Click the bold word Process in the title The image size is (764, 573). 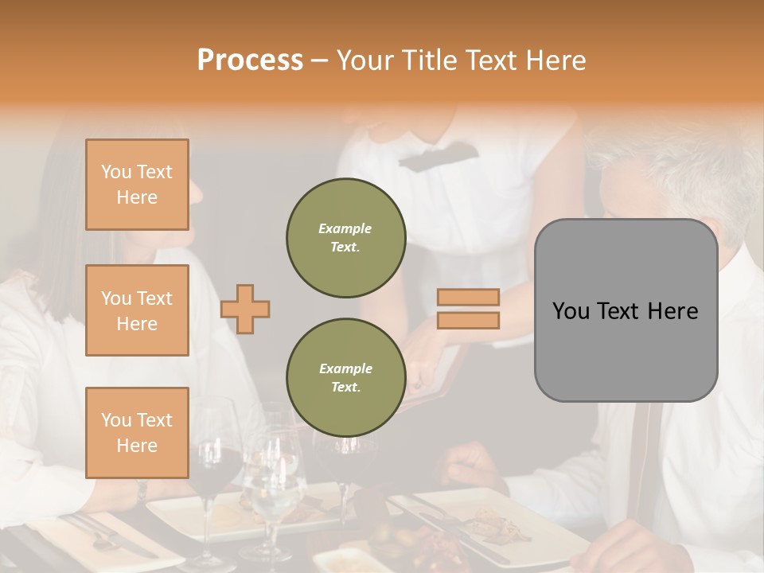tap(250, 60)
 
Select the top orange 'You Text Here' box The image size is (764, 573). tap(137, 185)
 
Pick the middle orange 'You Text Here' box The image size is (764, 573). tap(137, 310)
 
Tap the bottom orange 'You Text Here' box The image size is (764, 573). tap(137, 433)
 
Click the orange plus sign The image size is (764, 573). tap(245, 309)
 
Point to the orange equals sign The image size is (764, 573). tap(468, 309)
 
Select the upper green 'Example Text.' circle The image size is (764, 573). tap(345, 238)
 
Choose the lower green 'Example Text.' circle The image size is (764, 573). tap(345, 377)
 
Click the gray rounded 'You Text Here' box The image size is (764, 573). tap(626, 310)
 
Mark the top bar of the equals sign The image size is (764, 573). tap(468, 298)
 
